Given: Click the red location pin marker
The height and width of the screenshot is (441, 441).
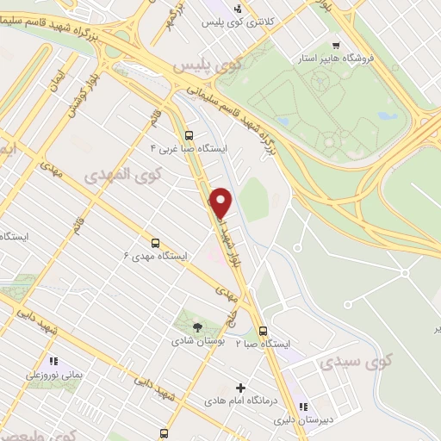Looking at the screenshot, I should (x=221, y=202).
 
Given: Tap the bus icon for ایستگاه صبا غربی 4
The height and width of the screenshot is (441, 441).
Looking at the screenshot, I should (x=189, y=134).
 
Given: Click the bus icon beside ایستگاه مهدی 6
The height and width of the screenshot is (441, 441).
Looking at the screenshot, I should (x=155, y=243).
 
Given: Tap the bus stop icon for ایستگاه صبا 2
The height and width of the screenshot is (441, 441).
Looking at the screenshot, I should (x=263, y=330).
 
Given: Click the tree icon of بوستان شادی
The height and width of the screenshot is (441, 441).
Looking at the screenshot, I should (x=197, y=326).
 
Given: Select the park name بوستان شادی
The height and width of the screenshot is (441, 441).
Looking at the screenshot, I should (x=197, y=341).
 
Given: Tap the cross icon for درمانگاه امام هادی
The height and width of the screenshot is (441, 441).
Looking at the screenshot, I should (x=240, y=387).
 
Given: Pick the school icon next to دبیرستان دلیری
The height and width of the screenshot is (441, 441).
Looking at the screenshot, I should (x=302, y=406).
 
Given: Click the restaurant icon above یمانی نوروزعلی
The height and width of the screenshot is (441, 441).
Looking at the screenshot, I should (x=53, y=362).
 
